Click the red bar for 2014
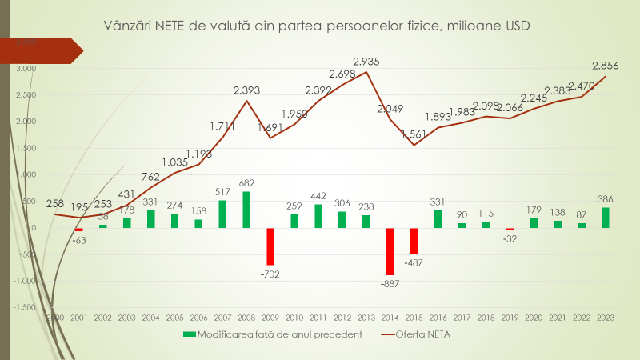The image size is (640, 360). [x=390, y=251]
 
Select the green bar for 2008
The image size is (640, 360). [x=246, y=210]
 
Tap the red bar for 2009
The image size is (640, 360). [x=270, y=246]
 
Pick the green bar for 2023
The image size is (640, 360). [x=606, y=218]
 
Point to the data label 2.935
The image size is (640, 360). [x=366, y=61]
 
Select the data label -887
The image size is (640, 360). [x=390, y=283]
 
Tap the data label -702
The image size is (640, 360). [x=270, y=274]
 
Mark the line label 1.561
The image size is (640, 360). [x=413, y=134]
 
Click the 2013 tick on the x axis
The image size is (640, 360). [x=366, y=318]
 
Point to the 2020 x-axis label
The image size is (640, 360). [x=534, y=318]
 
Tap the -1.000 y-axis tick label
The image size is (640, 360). [x=25, y=281]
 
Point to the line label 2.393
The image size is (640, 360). [x=247, y=90]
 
